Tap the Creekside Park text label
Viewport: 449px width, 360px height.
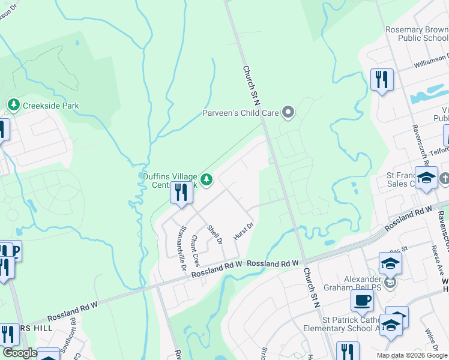[51, 106]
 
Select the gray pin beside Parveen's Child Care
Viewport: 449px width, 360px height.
[289, 112]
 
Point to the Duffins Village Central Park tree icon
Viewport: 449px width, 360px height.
[206, 179]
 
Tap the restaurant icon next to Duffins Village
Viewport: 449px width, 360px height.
[181, 192]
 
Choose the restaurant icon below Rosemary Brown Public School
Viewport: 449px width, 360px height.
[382, 79]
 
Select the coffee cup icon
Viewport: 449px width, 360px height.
[362, 301]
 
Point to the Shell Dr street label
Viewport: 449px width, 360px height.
[215, 235]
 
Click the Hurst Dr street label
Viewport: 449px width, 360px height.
[244, 231]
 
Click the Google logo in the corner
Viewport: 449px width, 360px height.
[19, 353]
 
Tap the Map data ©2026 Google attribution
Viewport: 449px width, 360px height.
[411, 355]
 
